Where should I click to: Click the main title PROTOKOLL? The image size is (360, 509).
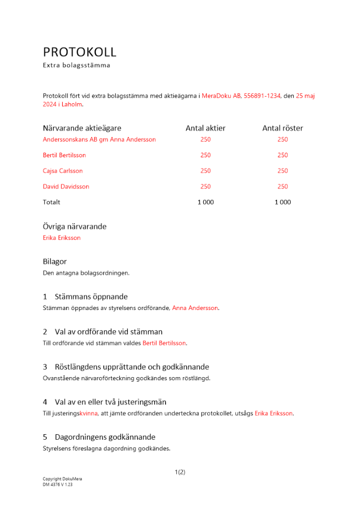tap(79, 52)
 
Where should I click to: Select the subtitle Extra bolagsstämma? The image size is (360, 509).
tap(76, 66)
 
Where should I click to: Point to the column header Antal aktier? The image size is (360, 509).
tap(205, 128)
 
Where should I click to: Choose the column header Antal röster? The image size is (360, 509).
tap(283, 128)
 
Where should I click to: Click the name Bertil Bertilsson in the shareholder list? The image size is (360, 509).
tap(64, 155)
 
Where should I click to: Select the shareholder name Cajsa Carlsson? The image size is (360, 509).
tap(63, 171)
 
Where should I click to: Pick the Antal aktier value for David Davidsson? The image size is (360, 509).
tap(205, 187)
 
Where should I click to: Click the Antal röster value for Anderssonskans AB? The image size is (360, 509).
tap(283, 139)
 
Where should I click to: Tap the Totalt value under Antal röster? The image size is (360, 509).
tap(283, 203)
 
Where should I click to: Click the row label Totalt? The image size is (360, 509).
tap(51, 203)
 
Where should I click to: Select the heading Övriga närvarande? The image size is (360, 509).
tap(74, 227)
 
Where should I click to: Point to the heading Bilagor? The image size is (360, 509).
tap(54, 262)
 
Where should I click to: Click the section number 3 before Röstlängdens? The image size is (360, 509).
tap(45, 367)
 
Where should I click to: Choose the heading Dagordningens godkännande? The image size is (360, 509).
tap(105, 437)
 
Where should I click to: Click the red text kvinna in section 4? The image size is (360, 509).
tap(88, 414)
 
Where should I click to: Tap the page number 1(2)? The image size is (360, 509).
tap(180, 472)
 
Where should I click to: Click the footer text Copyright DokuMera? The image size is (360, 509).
tap(62, 479)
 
